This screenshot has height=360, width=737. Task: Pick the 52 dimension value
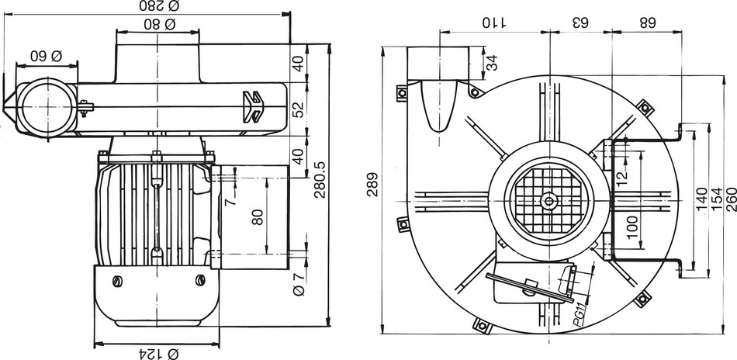tap(298, 110)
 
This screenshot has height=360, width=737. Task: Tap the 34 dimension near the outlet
tap(492, 62)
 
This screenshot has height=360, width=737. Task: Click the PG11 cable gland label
tap(577, 315)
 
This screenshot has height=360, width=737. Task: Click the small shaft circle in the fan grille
tap(549, 201)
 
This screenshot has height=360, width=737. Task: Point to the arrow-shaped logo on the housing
tap(255, 106)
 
